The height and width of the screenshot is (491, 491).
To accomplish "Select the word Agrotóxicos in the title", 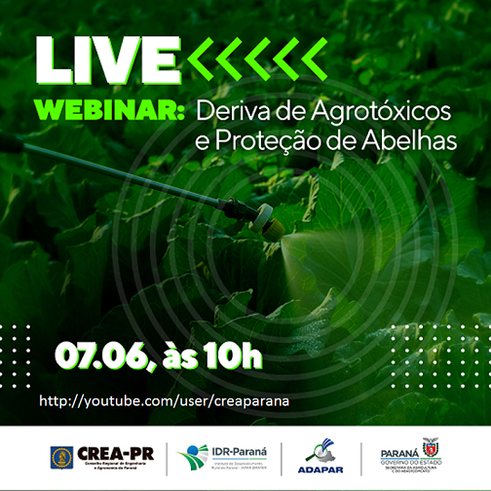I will click(x=383, y=112).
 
